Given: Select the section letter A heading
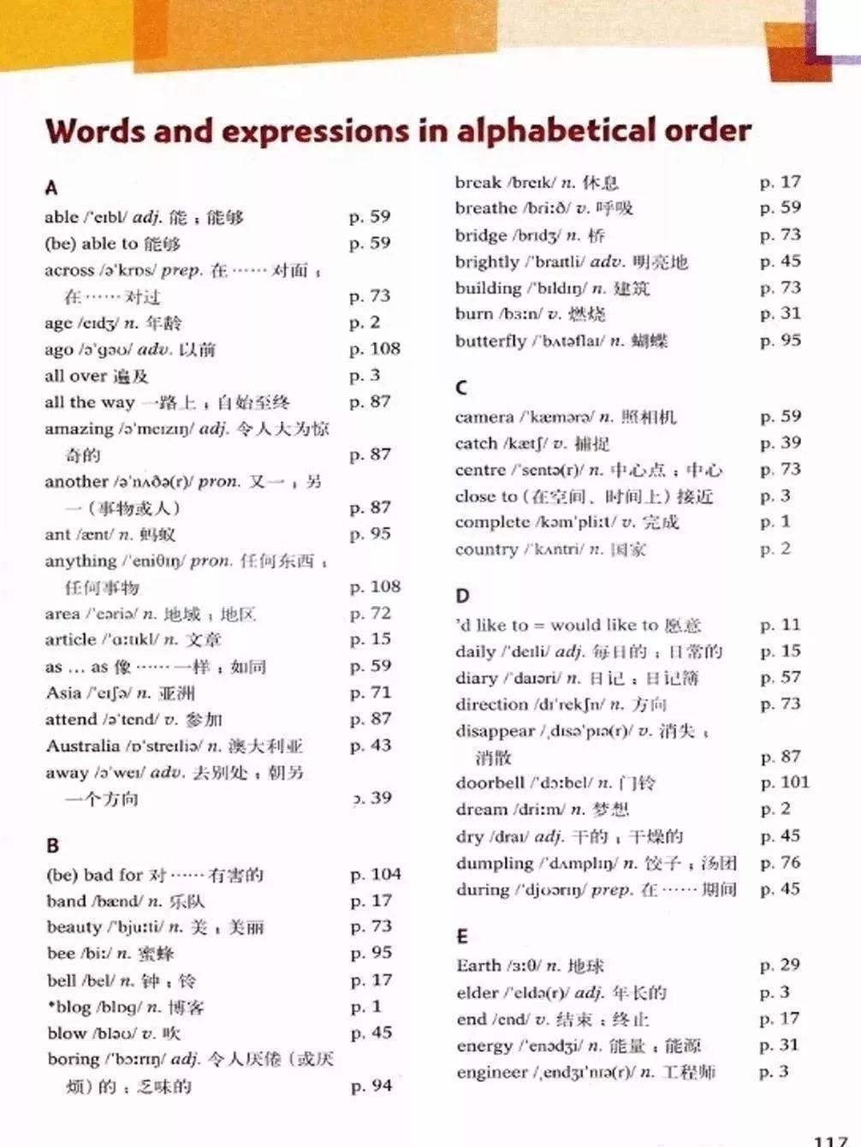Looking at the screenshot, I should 51,188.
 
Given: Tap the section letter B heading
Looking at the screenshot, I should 53,846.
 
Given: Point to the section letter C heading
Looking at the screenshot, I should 461,388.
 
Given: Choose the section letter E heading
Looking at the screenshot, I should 462,936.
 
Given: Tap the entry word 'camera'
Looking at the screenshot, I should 484,417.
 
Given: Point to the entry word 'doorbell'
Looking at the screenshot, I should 490,782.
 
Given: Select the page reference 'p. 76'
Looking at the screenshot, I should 780,862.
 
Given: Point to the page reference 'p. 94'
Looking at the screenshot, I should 371,1085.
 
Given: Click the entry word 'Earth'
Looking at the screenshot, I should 478,966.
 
